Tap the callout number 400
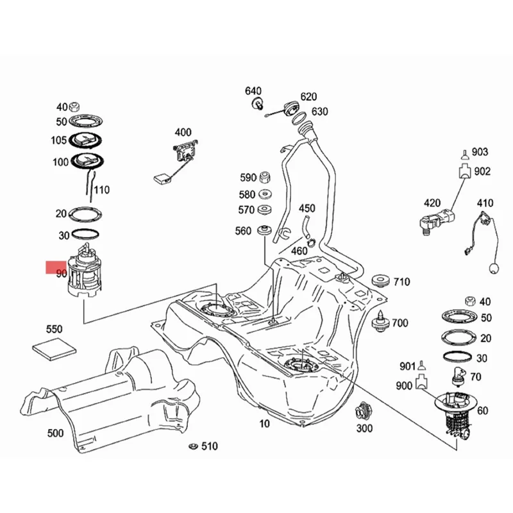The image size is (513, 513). point(183,133)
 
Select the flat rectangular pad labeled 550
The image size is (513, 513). point(55,349)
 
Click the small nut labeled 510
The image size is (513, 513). point(192,445)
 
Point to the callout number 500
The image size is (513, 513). point(56,433)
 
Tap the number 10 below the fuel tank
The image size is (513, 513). point(265,424)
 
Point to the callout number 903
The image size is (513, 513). point(480,152)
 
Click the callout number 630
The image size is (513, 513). point(319,112)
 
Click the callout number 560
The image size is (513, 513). point(243,231)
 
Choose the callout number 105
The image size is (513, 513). point(58,140)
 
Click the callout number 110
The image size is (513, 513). point(101,190)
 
